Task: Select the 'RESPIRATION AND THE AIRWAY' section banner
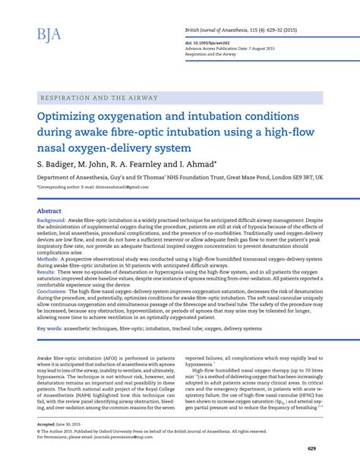pyautogui.click(x=96, y=98)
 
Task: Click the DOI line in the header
pyautogui.click(x=211, y=43)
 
